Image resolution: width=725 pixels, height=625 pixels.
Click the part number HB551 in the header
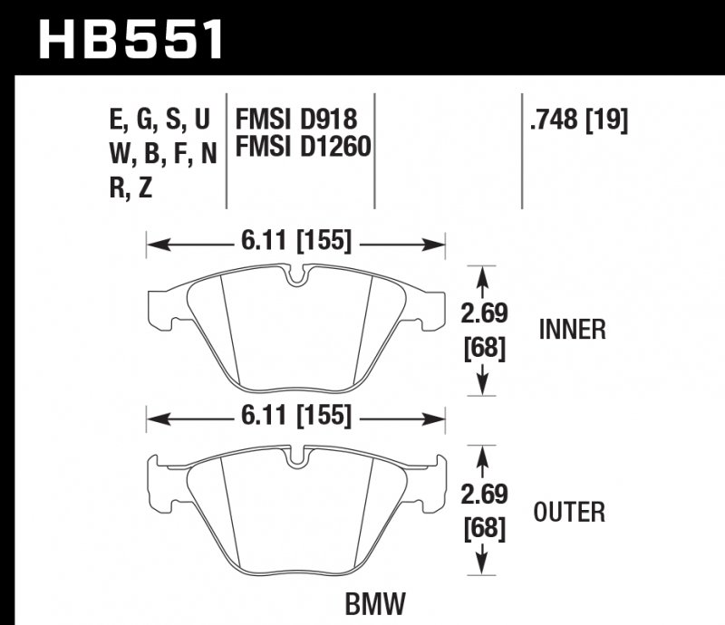pyautogui.click(x=130, y=37)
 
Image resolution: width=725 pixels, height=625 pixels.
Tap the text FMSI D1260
pyautogui.click(x=304, y=145)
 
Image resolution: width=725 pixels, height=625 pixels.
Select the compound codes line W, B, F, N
pyautogui.click(x=162, y=153)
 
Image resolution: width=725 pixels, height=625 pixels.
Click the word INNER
pyautogui.click(x=572, y=330)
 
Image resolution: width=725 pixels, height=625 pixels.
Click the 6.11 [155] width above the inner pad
pyautogui.click(x=296, y=242)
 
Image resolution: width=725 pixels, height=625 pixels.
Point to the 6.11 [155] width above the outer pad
pyautogui.click(x=296, y=418)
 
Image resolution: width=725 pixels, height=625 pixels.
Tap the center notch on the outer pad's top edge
pyautogui.click(x=295, y=458)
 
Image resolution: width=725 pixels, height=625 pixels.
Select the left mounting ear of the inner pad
pyautogui.click(x=159, y=305)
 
